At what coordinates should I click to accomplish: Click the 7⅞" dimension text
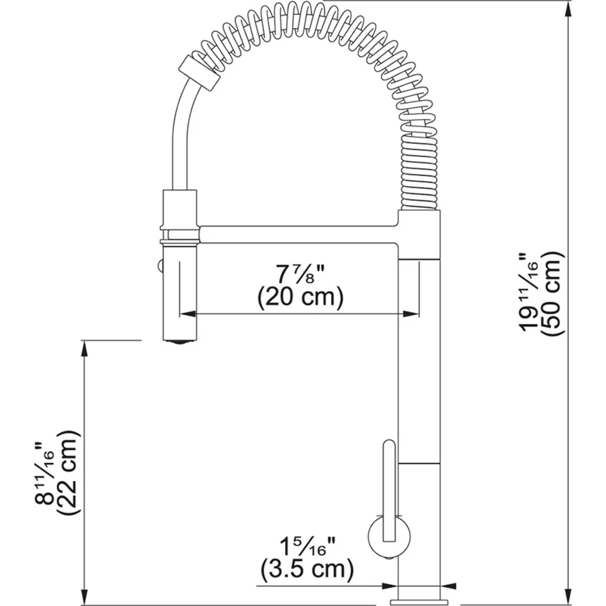pyautogui.click(x=299, y=274)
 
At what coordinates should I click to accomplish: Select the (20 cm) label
pyautogui.click(x=300, y=297)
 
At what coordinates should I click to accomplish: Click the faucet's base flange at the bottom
pyautogui.click(x=419, y=601)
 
